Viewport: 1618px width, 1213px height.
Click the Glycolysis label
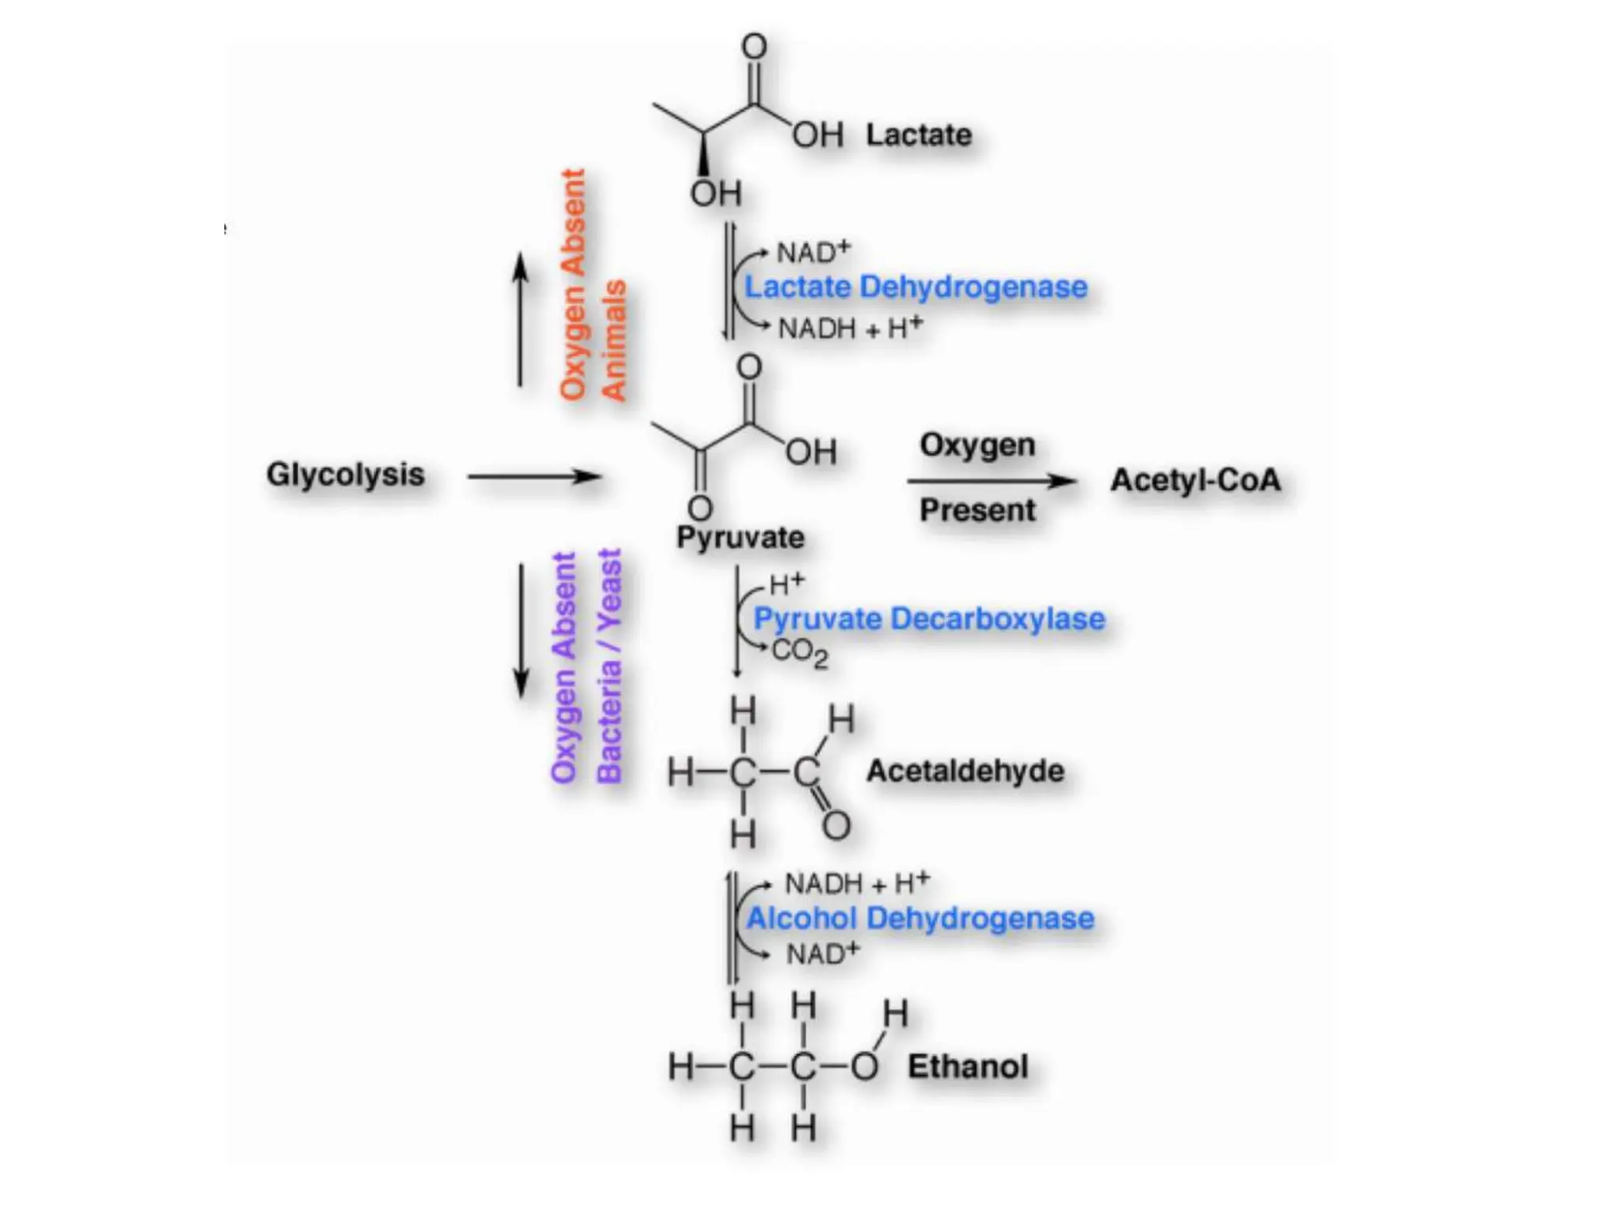coord(345,475)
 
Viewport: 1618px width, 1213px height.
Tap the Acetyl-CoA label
coord(1195,480)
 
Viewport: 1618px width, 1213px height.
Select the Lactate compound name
coord(919,135)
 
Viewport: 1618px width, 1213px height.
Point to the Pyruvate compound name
coord(740,538)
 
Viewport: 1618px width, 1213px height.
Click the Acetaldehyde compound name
coord(965,771)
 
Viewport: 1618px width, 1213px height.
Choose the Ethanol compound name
coord(968,1067)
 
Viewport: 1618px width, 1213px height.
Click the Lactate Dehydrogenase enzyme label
coord(916,287)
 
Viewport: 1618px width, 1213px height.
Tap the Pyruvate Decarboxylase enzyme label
coord(928,619)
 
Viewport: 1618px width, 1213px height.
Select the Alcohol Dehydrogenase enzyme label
coord(920,918)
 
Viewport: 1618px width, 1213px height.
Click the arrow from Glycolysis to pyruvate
coord(535,476)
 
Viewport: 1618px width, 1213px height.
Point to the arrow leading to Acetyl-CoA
coord(991,480)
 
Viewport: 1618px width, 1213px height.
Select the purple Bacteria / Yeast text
coord(609,665)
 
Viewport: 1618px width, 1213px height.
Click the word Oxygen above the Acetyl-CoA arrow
coord(977,445)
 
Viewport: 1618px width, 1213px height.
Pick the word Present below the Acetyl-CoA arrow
coord(977,510)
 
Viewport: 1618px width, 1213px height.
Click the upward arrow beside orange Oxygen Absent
coord(520,319)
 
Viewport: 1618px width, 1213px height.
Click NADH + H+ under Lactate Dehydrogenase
coord(849,328)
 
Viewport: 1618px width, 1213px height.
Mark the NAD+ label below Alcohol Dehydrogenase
coord(822,954)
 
